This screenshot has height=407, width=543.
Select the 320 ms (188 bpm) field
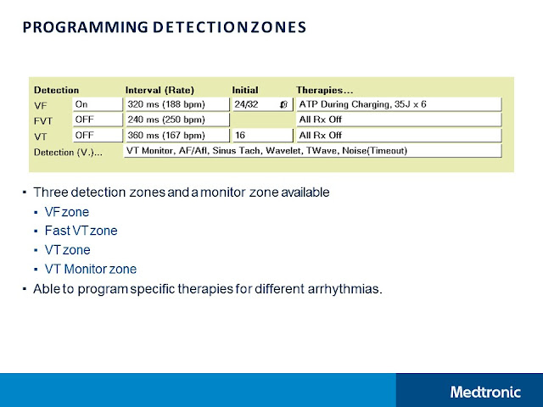[176, 104]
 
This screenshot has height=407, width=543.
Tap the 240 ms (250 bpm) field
[176, 120]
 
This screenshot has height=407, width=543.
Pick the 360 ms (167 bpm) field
[176, 135]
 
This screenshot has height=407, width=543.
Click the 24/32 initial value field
[261, 104]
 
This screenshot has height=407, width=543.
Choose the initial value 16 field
[261, 135]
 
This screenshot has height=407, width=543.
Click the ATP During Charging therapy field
[398, 104]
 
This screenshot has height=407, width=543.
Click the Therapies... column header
[326, 89]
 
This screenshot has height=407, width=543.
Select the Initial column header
[245, 89]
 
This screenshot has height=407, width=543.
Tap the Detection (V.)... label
[68, 151]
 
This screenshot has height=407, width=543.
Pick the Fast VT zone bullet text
[81, 231]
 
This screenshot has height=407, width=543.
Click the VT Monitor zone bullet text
[90, 270]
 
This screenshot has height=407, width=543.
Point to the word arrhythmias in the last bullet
[346, 289]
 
